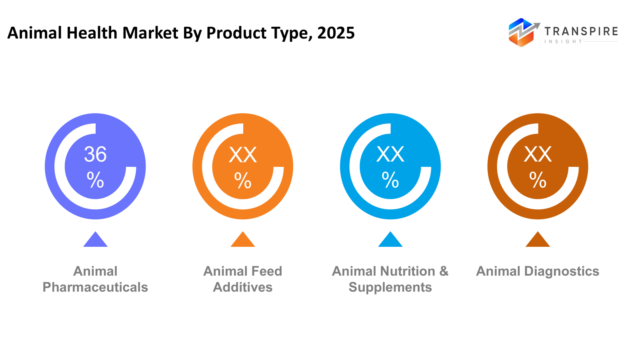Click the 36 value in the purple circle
[95, 154]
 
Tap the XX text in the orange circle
[243, 155]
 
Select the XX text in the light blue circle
[390, 154]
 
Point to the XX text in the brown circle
[538, 154]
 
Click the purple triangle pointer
[95, 240]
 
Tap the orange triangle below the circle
[243, 240]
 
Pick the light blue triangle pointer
[390, 240]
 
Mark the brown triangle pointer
[538, 240]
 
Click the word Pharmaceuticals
[95, 287]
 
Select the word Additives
[243, 287]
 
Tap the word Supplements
[390, 287]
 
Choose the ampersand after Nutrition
[444, 271]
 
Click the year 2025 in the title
[336, 33]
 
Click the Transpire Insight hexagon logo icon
[522, 32]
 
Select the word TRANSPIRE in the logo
[581, 31]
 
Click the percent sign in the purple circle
[95, 180]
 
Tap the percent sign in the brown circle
[538, 180]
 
